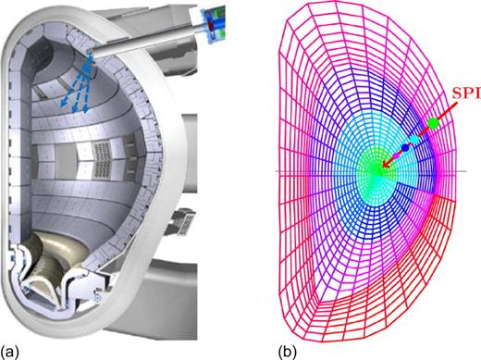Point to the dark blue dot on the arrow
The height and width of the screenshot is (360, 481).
point(405,147)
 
